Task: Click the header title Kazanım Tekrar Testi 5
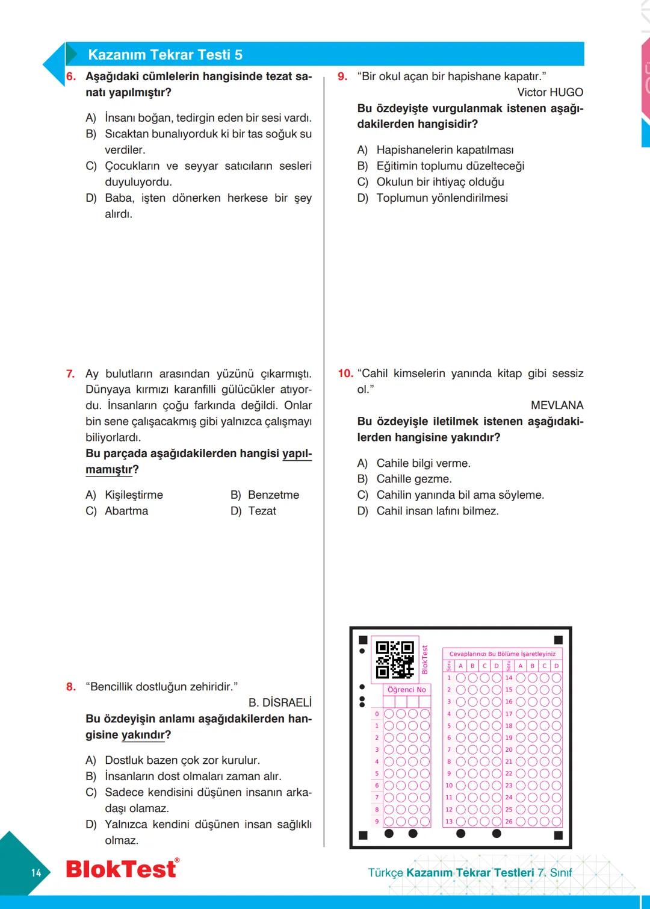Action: pos(165,55)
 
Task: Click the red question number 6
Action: pos(71,77)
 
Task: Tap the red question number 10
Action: pos(345,373)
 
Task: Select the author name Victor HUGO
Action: pos(549,92)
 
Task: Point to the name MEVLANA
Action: pos(557,405)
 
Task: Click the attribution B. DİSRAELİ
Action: pos(280,702)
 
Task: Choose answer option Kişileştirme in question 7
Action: pos(134,495)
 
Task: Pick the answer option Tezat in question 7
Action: pos(262,511)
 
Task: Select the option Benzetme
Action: pos(273,495)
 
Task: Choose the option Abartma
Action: pos(126,511)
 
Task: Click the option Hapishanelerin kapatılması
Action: pos(445,150)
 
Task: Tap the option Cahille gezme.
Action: pos(413,479)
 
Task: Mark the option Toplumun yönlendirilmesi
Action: pos(442,198)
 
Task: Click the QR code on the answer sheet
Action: pos(395,660)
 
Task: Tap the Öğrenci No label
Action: pos(407,690)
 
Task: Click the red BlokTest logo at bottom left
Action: pos(122,869)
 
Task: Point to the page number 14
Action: pos(36,873)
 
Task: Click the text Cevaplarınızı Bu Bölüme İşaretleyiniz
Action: pos(502,654)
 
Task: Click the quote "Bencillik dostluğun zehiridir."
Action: pos(161,687)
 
